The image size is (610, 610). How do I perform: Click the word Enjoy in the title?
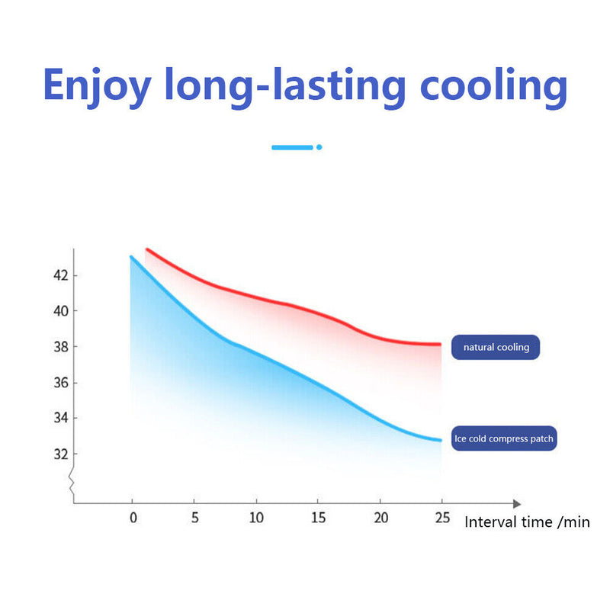97,86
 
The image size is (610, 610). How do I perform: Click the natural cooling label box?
496,348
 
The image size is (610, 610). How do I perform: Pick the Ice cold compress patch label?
503,438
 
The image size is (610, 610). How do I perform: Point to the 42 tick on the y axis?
59,275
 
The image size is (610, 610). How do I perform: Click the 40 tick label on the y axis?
59,311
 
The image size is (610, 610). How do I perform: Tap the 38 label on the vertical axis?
59,347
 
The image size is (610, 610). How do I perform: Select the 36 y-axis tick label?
59,383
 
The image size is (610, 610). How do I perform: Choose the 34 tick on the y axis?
59,418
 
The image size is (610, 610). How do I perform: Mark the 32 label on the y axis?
59,454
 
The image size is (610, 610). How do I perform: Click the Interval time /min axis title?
527,522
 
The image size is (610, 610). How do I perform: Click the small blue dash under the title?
293,146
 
